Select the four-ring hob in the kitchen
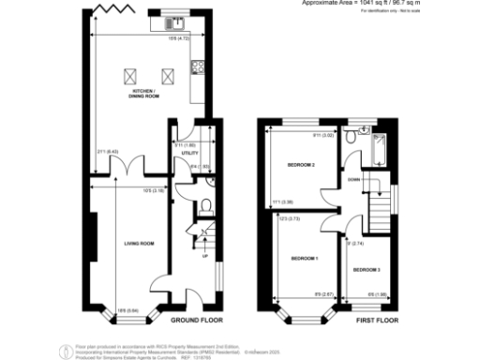coord(198,67)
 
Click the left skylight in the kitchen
coord(128,75)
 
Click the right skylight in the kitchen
coord(169,75)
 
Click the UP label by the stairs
coord(204,253)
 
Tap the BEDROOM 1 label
coord(303,258)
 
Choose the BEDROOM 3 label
coord(367,269)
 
